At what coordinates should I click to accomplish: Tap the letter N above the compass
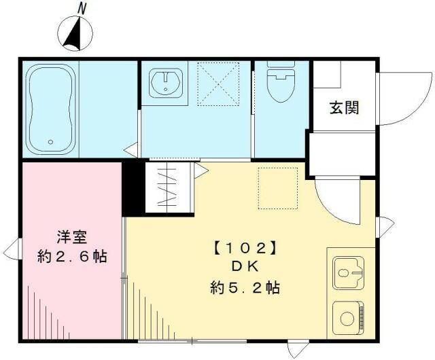(x=82, y=8)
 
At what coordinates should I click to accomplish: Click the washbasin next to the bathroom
(x=165, y=84)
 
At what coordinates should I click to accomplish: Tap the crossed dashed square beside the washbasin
(x=218, y=84)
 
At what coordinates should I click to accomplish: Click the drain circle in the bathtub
(x=50, y=142)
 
